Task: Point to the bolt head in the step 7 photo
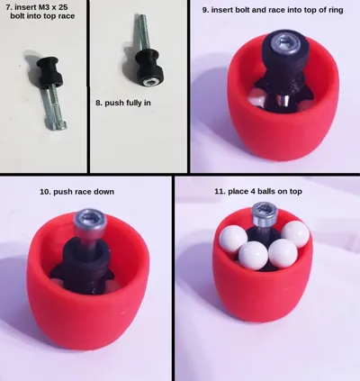click(x=57, y=125)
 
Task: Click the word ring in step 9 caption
click(x=336, y=10)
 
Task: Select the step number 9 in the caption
click(x=205, y=10)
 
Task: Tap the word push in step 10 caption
click(x=61, y=192)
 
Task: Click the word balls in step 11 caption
click(x=265, y=191)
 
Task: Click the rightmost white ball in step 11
click(x=295, y=234)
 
